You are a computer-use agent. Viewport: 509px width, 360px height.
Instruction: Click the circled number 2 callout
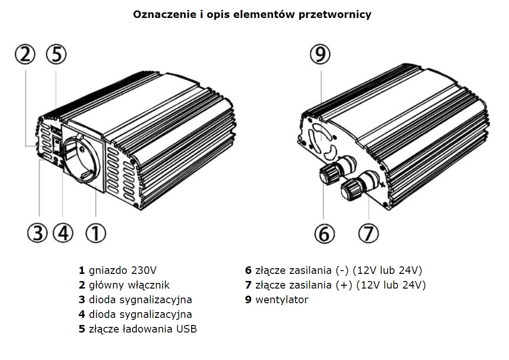(25, 55)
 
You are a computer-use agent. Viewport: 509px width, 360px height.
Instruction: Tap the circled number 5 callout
(56, 55)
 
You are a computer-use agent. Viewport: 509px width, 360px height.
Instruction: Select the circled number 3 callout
(38, 233)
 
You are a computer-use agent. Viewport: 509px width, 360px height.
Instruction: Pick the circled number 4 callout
(63, 233)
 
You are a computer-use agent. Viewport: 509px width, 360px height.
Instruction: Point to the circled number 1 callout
(96, 233)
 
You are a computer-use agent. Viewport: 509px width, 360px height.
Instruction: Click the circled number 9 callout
(321, 56)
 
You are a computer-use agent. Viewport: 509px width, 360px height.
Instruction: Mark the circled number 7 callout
(369, 233)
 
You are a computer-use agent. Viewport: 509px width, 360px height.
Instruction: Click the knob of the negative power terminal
(327, 175)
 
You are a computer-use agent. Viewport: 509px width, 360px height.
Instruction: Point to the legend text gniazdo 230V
(122, 271)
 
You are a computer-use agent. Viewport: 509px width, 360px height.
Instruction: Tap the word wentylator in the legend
(281, 299)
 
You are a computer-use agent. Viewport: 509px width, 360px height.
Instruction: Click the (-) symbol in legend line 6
(342, 271)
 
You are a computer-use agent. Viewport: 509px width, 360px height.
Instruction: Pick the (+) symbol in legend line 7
(343, 285)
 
